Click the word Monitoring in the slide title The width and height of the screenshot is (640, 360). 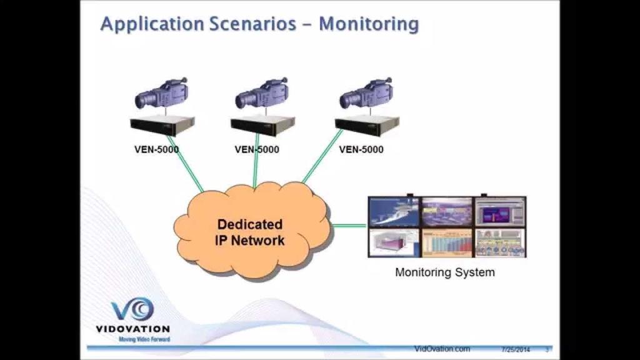click(x=368, y=24)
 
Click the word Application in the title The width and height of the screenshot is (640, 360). click(x=152, y=24)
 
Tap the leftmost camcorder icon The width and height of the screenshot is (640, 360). click(x=161, y=93)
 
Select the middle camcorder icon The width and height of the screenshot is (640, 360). click(x=262, y=93)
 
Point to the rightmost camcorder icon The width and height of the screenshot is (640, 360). click(x=366, y=93)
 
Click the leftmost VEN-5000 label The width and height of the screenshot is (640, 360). click(x=156, y=149)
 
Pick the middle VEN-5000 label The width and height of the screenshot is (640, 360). click(x=257, y=149)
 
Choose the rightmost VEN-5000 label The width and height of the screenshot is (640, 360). click(x=361, y=149)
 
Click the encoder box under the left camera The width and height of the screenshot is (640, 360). click(x=162, y=126)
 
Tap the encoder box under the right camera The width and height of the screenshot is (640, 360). click(x=366, y=126)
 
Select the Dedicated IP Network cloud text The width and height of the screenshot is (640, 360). click(x=250, y=232)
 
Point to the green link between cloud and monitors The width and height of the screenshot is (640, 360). click(x=349, y=226)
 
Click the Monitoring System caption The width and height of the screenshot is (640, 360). click(x=445, y=272)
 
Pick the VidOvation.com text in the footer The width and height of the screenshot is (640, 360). click(x=442, y=349)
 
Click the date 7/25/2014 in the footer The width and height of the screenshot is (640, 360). click(x=516, y=349)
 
